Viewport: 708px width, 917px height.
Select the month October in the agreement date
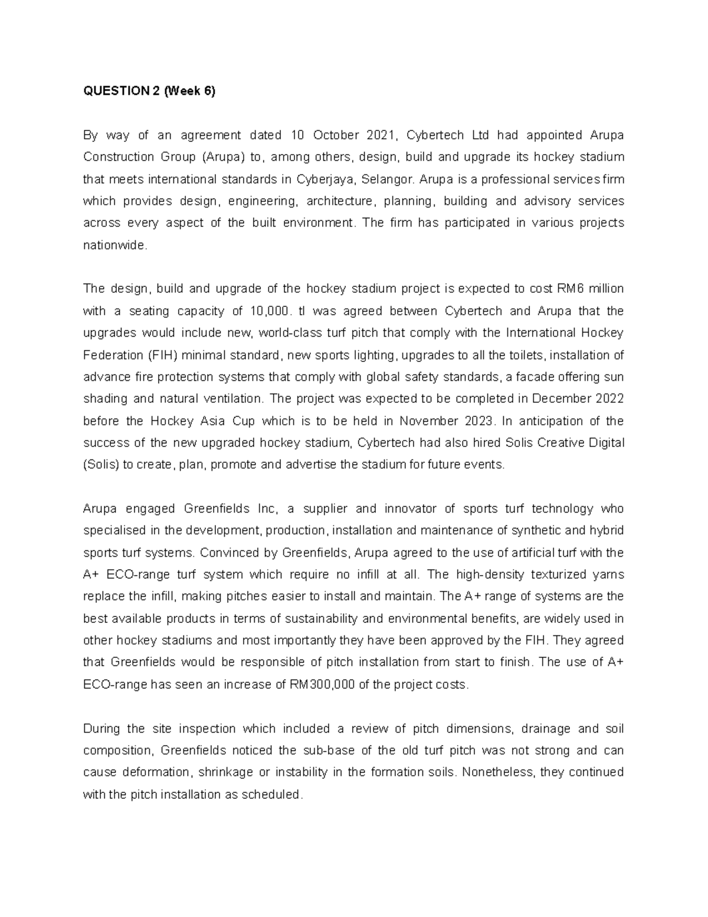[336, 135]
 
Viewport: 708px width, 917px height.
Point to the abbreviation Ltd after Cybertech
[478, 135]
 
